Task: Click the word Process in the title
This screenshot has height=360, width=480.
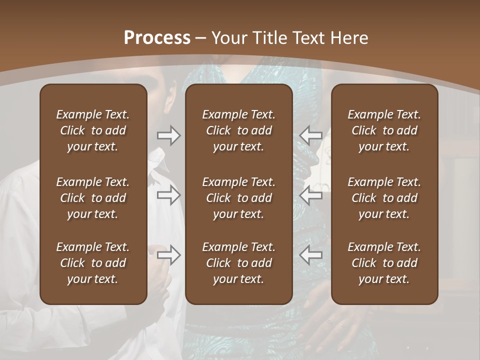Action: point(157,38)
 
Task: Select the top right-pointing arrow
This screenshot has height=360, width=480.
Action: point(168,135)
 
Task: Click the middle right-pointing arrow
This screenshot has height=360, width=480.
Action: point(168,195)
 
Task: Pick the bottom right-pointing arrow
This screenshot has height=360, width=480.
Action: point(168,255)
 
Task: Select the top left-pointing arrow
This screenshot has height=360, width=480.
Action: point(311,135)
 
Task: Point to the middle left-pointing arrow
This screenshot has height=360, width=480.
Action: point(311,195)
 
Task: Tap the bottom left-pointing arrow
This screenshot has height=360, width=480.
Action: point(311,255)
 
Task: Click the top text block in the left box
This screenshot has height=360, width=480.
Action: point(93,130)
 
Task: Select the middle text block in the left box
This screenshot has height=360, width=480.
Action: point(93,198)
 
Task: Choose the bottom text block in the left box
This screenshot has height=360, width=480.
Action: point(93,263)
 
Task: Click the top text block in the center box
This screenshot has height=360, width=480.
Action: point(239,130)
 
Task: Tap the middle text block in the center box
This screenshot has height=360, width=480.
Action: point(239,198)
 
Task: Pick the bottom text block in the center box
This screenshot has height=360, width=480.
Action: point(239,263)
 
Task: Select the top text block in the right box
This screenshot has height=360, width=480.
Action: point(384,130)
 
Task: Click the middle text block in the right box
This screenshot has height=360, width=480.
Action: point(384,198)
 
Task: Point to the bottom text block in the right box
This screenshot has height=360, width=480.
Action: point(384,263)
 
